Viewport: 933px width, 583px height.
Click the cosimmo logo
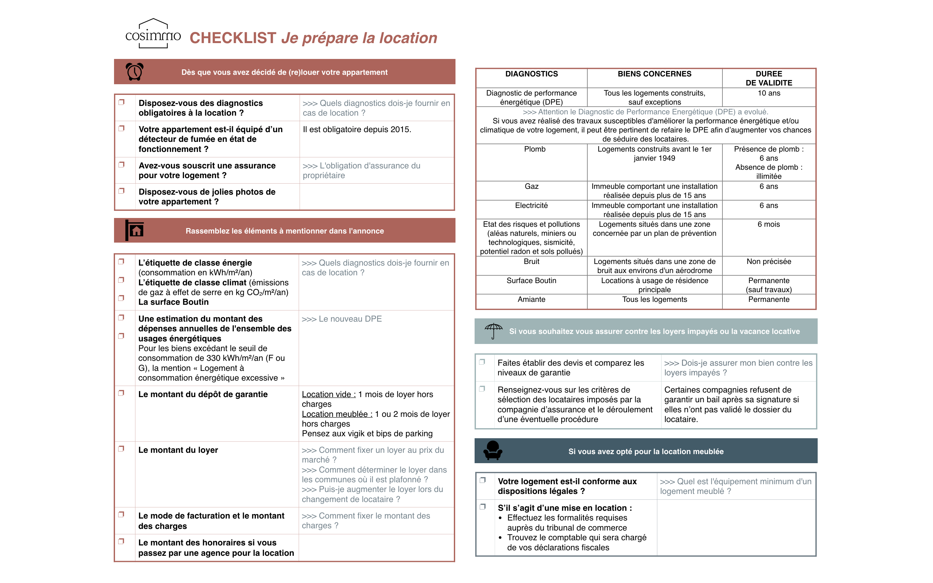(x=153, y=34)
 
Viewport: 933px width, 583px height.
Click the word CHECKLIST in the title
(x=233, y=38)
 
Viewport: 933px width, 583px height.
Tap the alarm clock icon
(x=134, y=72)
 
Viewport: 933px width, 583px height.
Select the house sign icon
(x=134, y=230)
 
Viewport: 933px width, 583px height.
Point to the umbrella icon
(x=493, y=331)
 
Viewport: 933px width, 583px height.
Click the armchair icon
(x=493, y=451)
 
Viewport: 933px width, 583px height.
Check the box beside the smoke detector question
(x=121, y=128)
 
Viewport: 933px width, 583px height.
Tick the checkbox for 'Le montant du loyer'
(x=121, y=449)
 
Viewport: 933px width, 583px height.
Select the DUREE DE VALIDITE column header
(x=769, y=78)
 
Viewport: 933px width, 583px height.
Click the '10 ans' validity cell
(x=769, y=93)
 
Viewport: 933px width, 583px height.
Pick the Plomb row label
(x=534, y=149)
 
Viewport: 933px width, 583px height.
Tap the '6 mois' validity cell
(x=768, y=224)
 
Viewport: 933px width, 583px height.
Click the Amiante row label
(x=531, y=300)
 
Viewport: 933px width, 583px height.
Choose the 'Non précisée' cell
(x=768, y=261)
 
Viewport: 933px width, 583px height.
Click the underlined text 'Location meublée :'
(x=337, y=414)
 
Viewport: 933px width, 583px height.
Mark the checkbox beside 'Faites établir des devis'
(x=482, y=362)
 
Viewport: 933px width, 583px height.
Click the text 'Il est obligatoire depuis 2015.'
(x=357, y=130)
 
